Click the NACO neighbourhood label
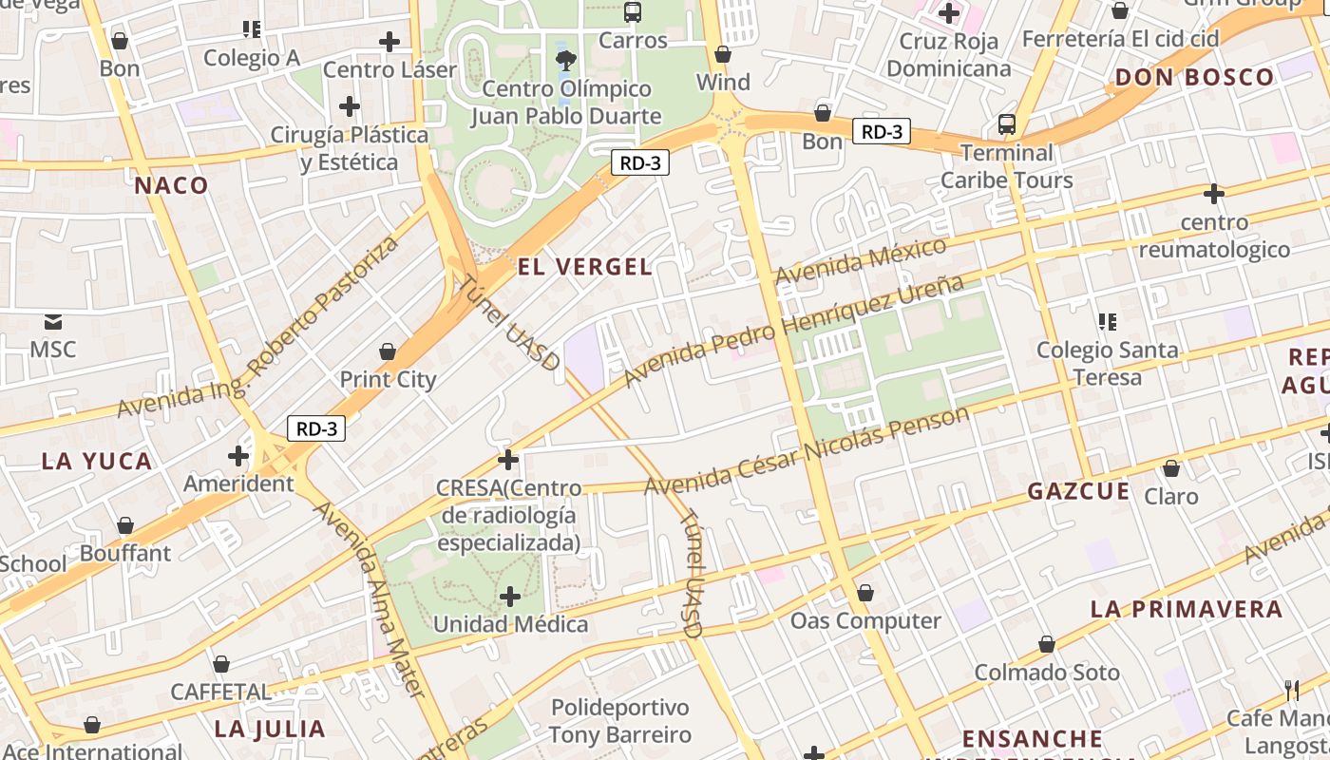[x=171, y=185]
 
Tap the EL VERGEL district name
[x=585, y=267]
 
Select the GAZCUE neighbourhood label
[x=1078, y=491]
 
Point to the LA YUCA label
[x=97, y=462]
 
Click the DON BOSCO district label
[x=1194, y=78]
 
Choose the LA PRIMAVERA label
[x=1186, y=609]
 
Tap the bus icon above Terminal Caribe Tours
[x=1006, y=124]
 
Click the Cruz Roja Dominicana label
[x=948, y=55]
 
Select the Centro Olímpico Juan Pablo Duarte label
[x=566, y=103]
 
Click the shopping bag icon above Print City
[x=388, y=352]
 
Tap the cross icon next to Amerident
[x=237, y=457]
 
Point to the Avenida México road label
[x=861, y=261]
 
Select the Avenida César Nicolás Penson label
[x=807, y=451]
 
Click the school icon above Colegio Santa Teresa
[x=1107, y=322]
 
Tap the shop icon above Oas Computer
[x=864, y=594]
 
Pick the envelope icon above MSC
[x=52, y=322]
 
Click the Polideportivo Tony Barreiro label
[x=620, y=721]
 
